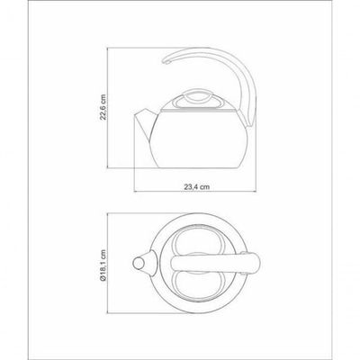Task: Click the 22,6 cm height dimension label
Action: pyautogui.click(x=103, y=107)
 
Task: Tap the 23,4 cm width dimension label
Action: pyautogui.click(x=197, y=187)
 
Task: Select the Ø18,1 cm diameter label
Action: pyautogui.click(x=103, y=265)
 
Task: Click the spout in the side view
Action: pyautogui.click(x=143, y=124)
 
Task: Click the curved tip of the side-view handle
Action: pyautogui.click(x=166, y=62)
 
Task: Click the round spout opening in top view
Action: pyautogui.click(x=139, y=264)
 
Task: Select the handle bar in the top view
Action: pyautogui.click(x=214, y=263)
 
